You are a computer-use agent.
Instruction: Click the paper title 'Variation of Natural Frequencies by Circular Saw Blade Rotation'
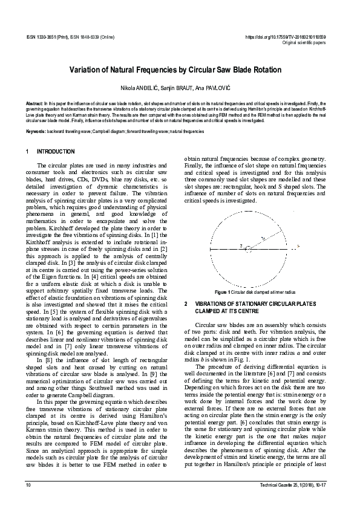click(180, 70)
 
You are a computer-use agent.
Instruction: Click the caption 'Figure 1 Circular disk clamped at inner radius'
click(254, 292)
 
